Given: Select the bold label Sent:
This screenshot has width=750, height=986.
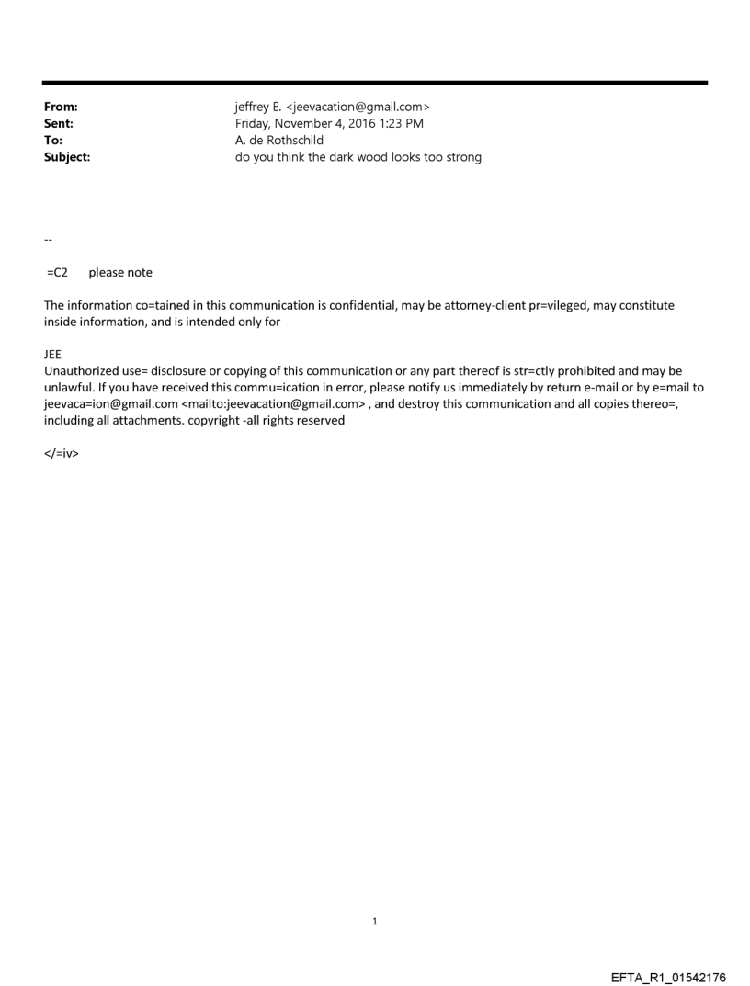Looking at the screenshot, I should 58,124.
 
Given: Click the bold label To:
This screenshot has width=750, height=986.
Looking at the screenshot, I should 53,140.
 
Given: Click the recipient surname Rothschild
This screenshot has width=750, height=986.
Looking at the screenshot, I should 293,140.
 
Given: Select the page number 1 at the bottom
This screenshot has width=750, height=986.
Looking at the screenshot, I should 375,921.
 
